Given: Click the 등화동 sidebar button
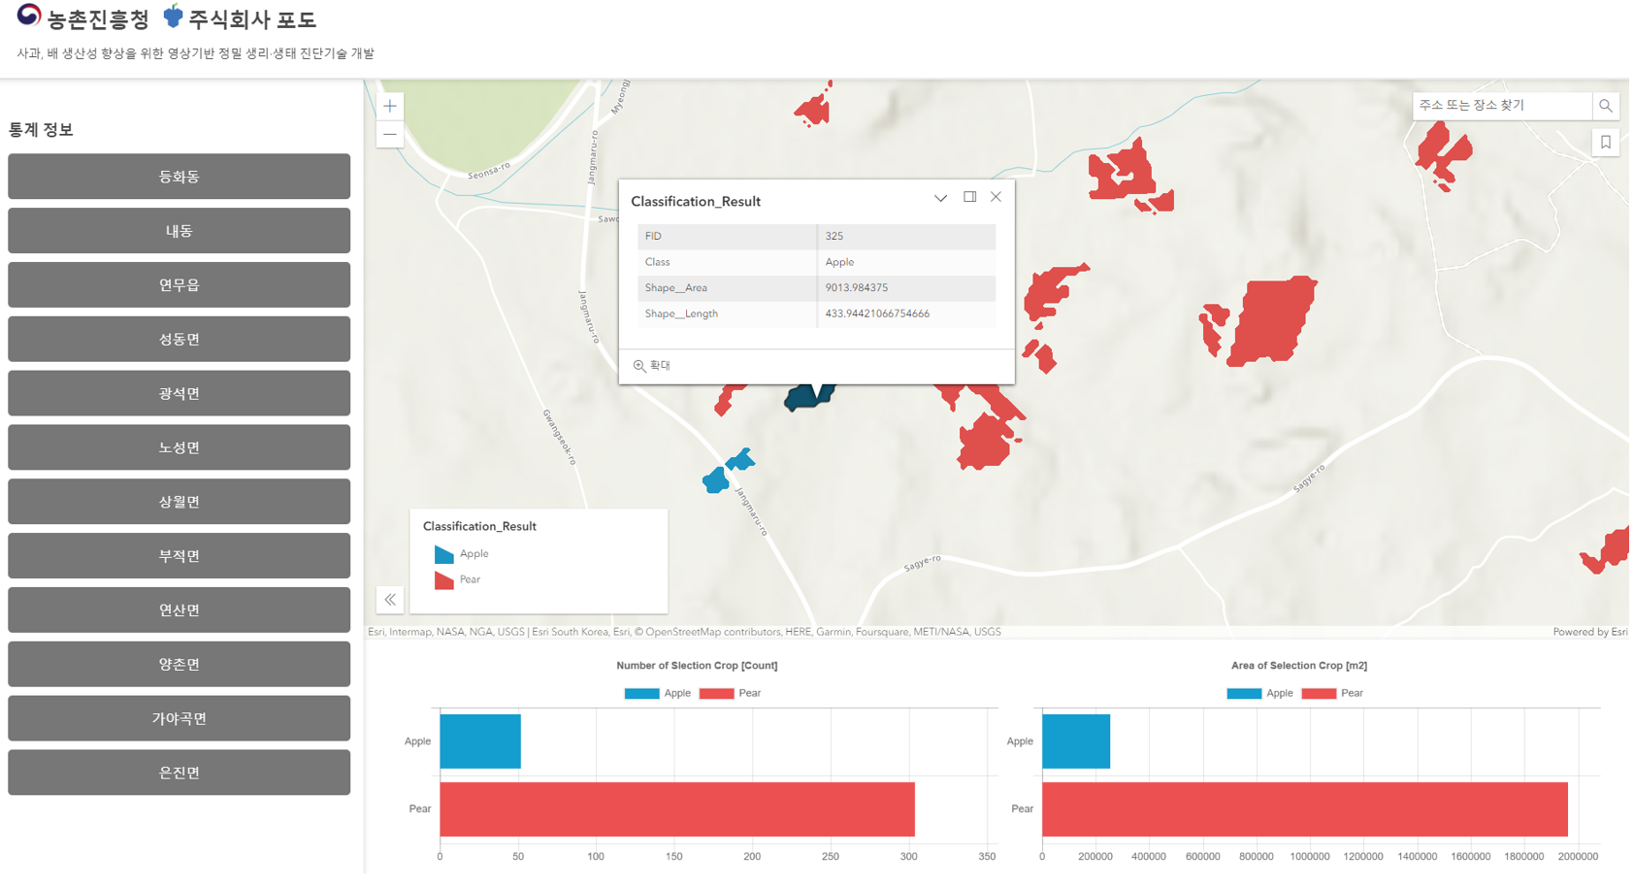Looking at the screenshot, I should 179,177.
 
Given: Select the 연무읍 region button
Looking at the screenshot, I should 179,285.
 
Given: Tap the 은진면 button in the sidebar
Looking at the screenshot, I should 179,773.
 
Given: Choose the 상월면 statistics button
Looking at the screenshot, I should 179,502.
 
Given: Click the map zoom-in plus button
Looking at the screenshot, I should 390,107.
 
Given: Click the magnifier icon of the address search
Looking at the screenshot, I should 1606,106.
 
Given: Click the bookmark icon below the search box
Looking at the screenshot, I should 1606,143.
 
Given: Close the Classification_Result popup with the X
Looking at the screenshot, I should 996,197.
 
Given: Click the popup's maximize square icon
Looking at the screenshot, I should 969,197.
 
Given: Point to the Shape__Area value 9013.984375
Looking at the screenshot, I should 857,288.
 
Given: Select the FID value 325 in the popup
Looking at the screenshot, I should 834,236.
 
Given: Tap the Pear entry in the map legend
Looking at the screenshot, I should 470,579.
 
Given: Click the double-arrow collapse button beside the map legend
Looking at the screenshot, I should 390,600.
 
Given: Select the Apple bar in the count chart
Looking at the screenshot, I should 480,741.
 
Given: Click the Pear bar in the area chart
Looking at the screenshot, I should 1304,809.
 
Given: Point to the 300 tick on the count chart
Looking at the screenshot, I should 908,857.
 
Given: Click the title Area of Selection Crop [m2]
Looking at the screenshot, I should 1298,666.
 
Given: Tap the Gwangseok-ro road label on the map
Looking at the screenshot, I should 560,437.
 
